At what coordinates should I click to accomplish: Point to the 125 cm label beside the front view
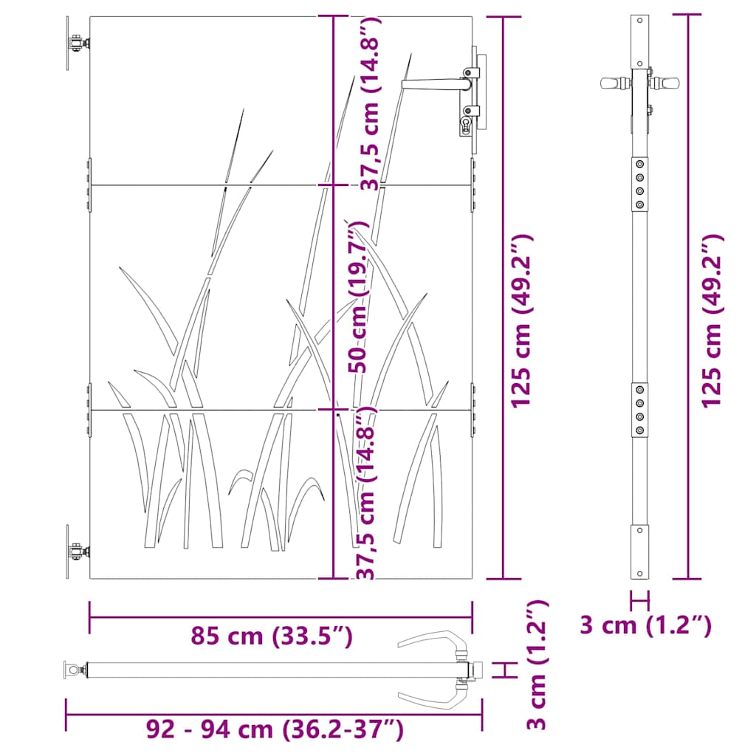coord(522,321)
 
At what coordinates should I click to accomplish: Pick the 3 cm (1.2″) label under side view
coord(646,625)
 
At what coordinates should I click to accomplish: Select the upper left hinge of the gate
coord(75,45)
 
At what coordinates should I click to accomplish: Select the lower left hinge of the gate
coord(75,551)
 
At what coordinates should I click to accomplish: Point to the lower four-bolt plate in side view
coord(640,410)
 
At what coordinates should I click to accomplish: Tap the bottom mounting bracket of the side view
coord(640,551)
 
